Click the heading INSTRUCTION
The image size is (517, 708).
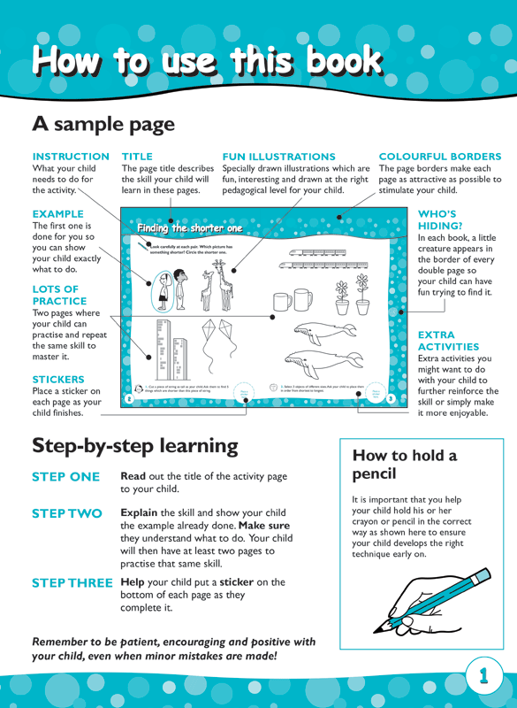click(x=70, y=157)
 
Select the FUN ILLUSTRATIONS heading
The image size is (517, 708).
click(x=278, y=157)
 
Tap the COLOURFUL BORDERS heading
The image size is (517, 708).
click(x=439, y=157)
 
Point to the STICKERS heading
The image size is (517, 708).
click(x=58, y=379)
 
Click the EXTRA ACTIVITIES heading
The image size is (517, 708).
click(x=448, y=341)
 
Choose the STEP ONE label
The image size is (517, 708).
click(x=66, y=477)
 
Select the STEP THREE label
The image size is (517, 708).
click(x=72, y=582)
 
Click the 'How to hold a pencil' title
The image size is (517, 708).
click(x=404, y=466)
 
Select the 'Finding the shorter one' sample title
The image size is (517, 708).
click(x=189, y=229)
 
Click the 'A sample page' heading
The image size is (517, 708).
click(x=103, y=124)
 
